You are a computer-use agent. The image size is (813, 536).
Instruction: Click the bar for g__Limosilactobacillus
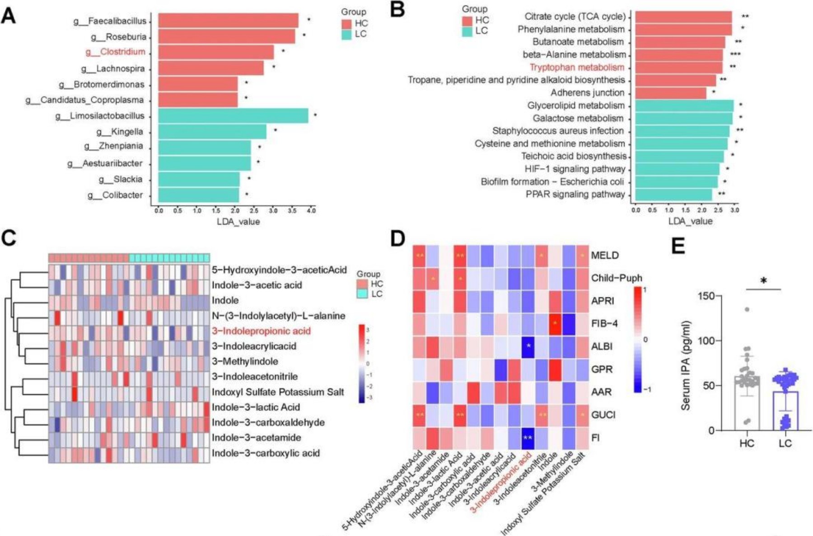[x=233, y=116]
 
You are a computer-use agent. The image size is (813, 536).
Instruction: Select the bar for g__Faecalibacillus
[x=228, y=21]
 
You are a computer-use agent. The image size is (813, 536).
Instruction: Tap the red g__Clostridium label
[x=116, y=52]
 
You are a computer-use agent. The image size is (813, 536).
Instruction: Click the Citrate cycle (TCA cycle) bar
[x=683, y=17]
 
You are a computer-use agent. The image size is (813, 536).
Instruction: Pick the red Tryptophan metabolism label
[x=577, y=67]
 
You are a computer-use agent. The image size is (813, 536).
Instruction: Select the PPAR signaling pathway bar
[x=673, y=194]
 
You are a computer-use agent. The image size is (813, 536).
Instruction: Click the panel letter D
[x=397, y=238]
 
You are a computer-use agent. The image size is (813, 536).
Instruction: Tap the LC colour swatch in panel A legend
[x=347, y=35]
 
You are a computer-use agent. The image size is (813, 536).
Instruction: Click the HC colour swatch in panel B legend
[x=467, y=21]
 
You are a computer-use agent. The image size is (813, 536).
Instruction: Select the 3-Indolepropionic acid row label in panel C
[x=262, y=331]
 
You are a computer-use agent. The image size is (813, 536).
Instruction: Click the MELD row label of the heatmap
[x=605, y=255]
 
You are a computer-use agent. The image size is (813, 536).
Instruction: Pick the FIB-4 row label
[x=604, y=323]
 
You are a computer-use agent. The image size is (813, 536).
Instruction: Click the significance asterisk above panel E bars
[x=763, y=281]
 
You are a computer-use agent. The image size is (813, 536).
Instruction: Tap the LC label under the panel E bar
[x=785, y=443]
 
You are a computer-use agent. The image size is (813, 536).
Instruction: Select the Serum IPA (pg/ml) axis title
[x=686, y=365]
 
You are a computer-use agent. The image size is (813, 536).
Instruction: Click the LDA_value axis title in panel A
[x=238, y=222]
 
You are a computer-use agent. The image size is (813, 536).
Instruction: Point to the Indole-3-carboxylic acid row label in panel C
[x=266, y=453]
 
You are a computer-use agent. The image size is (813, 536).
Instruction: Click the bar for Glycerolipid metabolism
[x=684, y=106]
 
